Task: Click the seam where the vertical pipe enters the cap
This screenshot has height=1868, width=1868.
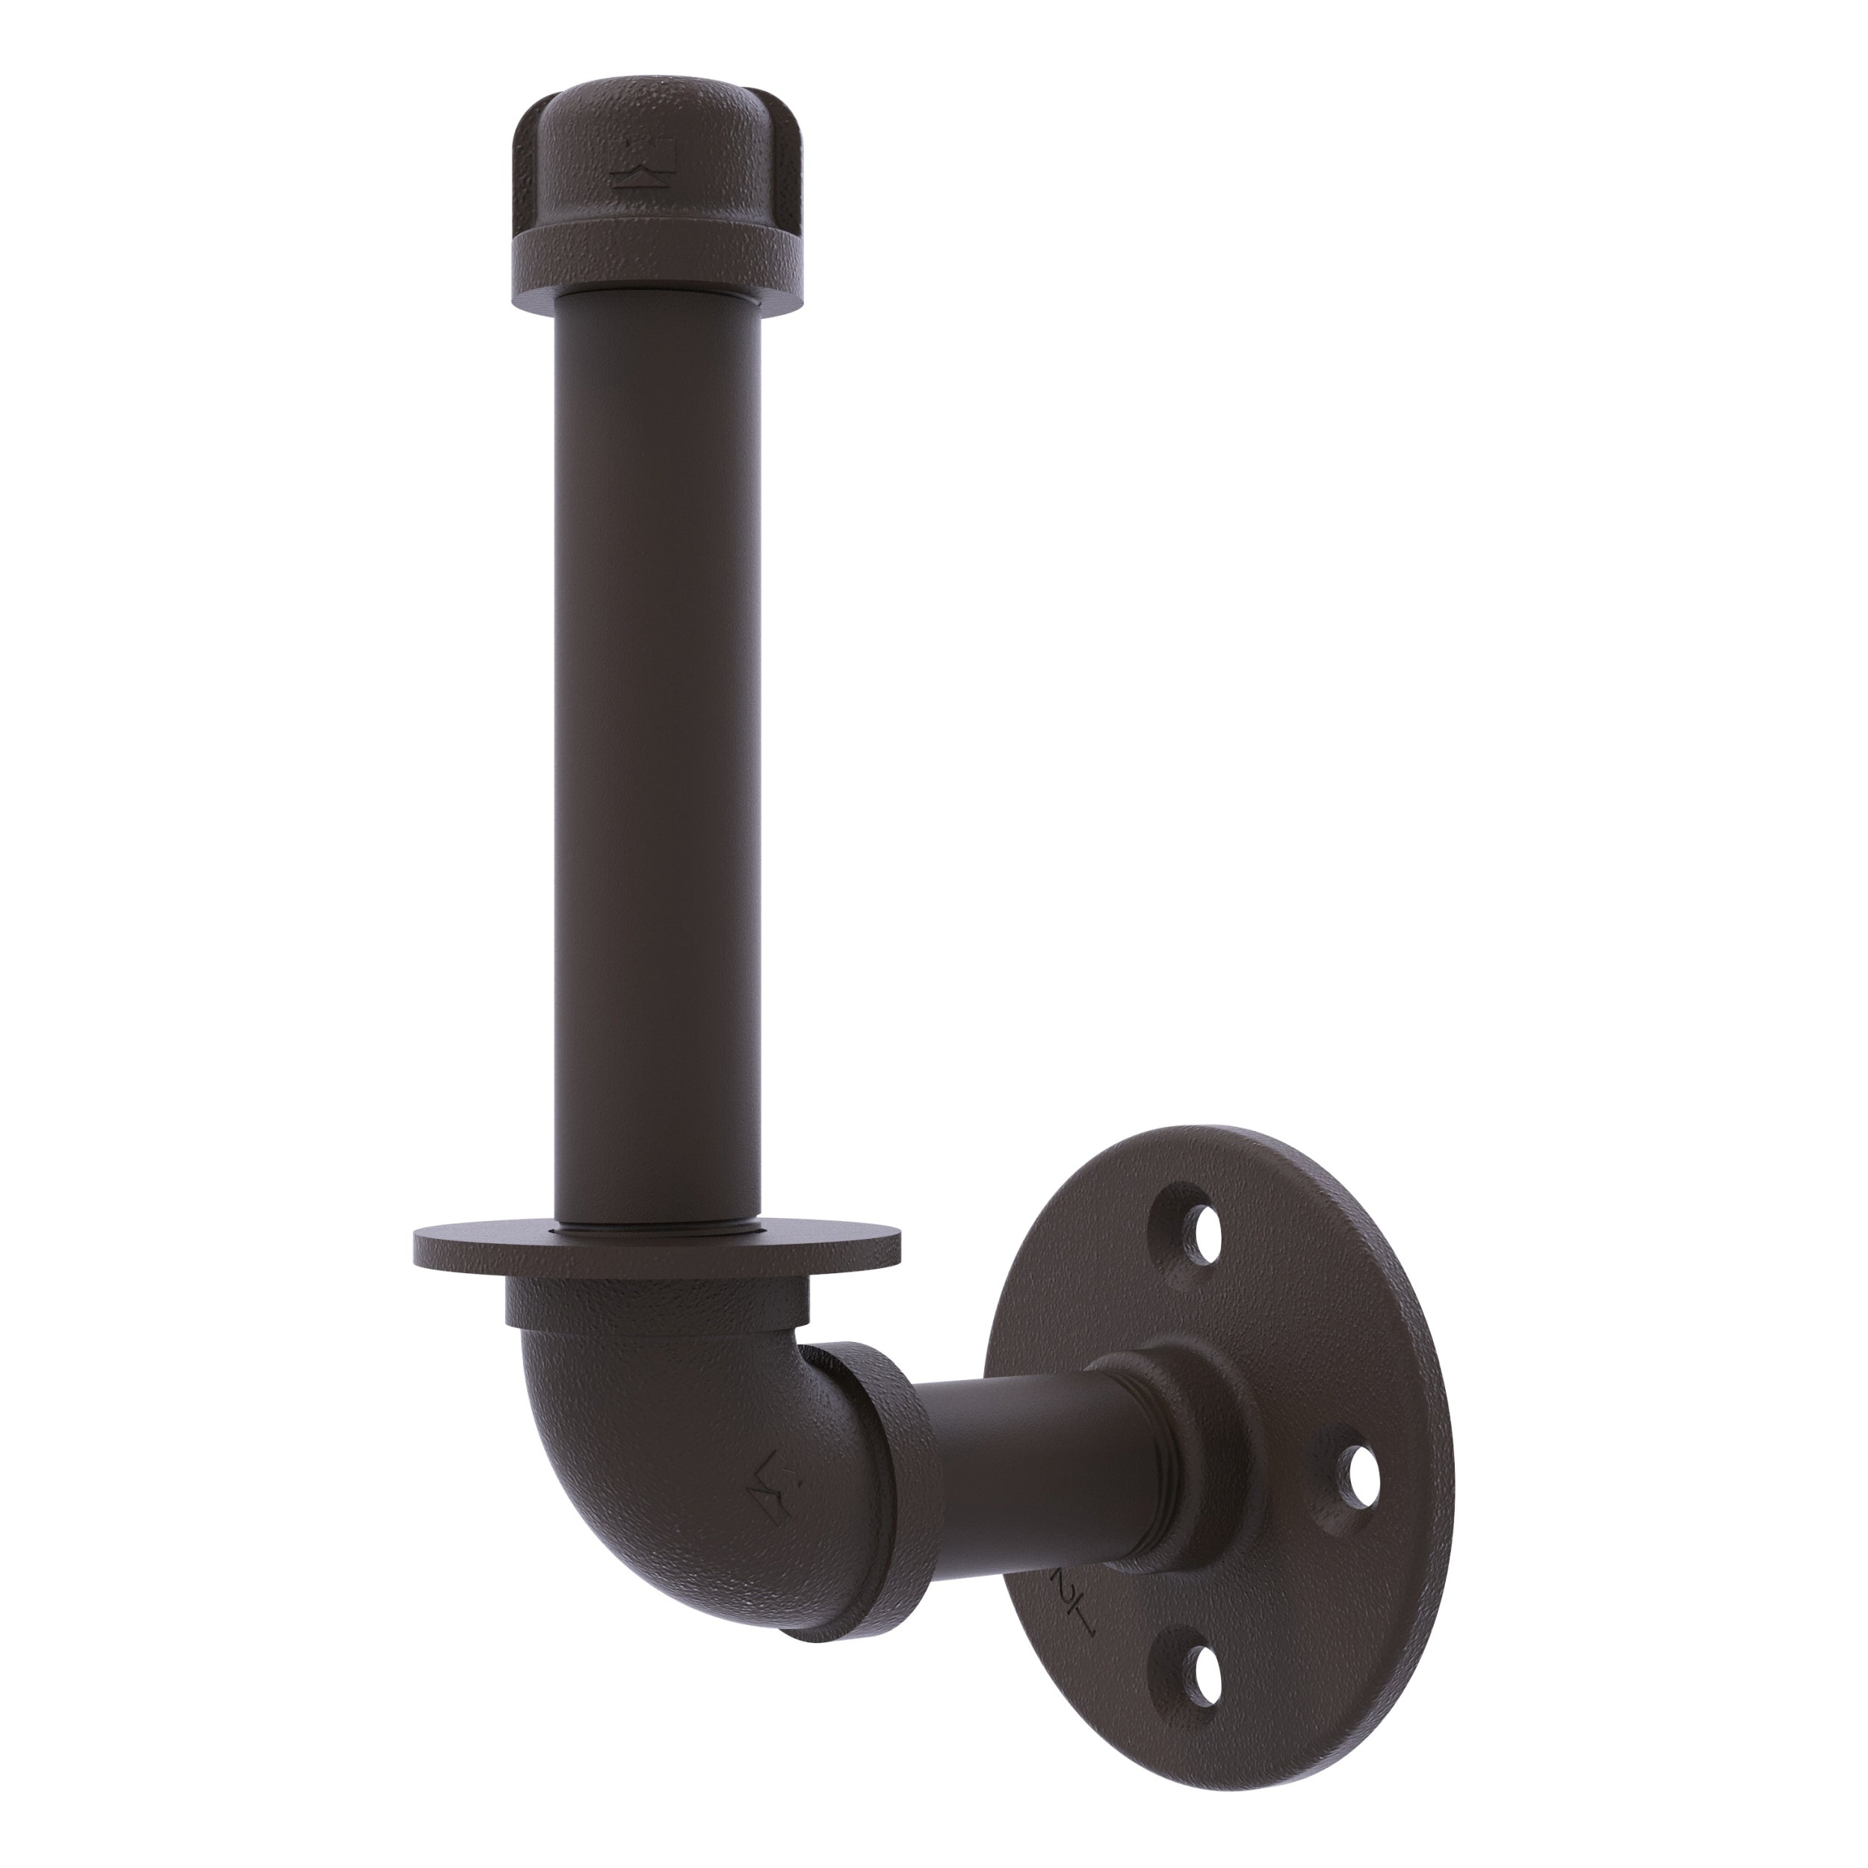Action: pos(658,294)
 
